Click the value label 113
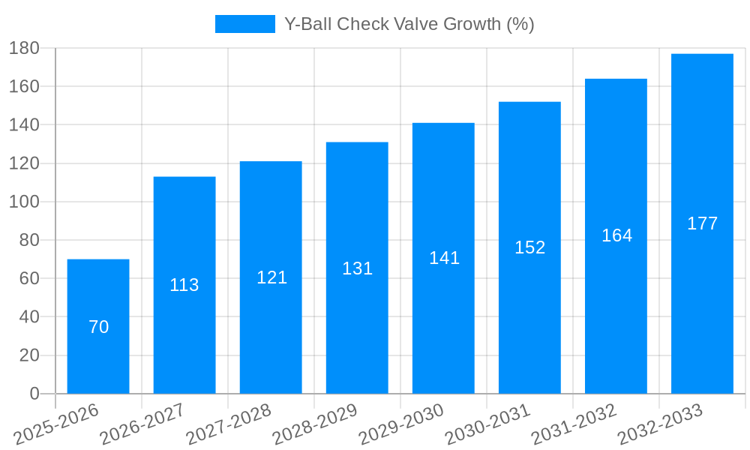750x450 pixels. click(184, 285)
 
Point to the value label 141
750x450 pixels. click(444, 258)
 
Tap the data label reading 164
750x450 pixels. click(616, 235)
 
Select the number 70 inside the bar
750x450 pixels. click(98, 327)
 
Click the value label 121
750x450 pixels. click(271, 277)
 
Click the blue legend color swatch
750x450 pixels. click(244, 24)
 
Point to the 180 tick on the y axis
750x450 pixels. click(24, 48)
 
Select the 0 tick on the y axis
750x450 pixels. click(34, 394)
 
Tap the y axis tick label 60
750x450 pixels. click(28, 278)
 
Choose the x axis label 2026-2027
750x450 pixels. click(142, 424)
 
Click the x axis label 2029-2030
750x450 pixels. click(402, 424)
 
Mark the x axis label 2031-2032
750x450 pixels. click(574, 424)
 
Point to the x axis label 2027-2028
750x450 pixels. click(229, 424)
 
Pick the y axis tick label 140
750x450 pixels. click(24, 124)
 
